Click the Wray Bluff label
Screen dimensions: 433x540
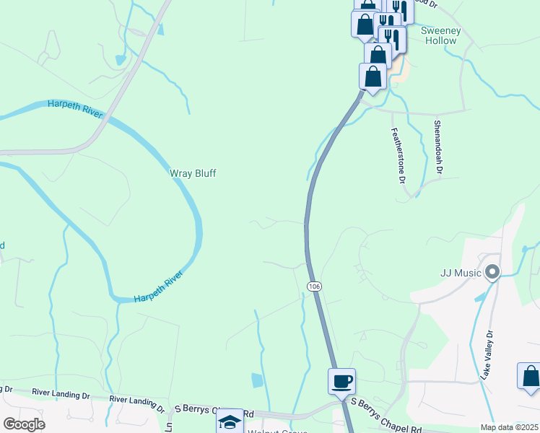coord(193,173)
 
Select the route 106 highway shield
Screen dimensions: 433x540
coord(314,287)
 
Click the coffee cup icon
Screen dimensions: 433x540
coord(341,380)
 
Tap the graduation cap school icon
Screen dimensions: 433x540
coord(230,422)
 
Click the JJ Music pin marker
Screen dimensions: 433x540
coord(493,273)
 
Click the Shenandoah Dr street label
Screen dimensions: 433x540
coord(437,146)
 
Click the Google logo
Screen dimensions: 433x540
coord(24,424)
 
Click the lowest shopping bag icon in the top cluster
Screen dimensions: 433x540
coord(373,76)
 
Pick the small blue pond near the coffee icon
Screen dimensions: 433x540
coord(257,380)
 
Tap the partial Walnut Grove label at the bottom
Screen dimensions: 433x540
coord(279,431)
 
